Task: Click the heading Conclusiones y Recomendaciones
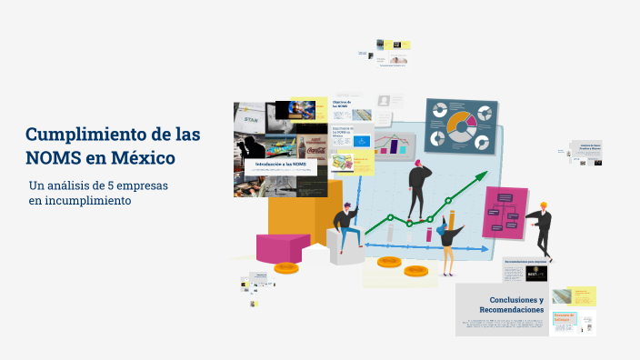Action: point(515,305)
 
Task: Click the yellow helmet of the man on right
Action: point(544,205)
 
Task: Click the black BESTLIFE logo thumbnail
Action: point(536,273)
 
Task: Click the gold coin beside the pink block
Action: point(286,267)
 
